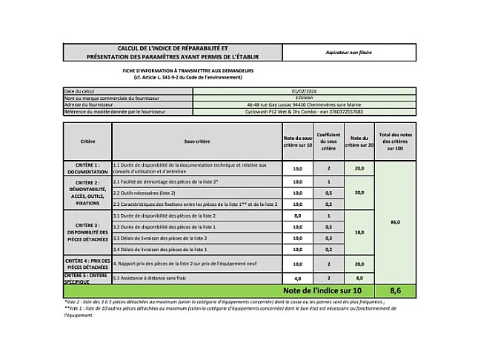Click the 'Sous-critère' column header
[x=196, y=141]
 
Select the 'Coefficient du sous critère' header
[x=328, y=141]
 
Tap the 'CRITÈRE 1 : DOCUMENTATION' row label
[x=87, y=168]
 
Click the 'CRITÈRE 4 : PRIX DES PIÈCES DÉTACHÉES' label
[x=87, y=263]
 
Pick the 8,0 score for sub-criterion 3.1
[x=297, y=215]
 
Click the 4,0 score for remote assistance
[x=297, y=278]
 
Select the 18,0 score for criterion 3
[x=359, y=232]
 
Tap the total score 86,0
[x=395, y=221]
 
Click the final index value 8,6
[x=395, y=291]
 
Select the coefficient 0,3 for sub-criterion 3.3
[x=328, y=239]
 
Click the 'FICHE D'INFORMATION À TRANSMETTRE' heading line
[x=183, y=71]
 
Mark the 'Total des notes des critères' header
[x=395, y=141]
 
